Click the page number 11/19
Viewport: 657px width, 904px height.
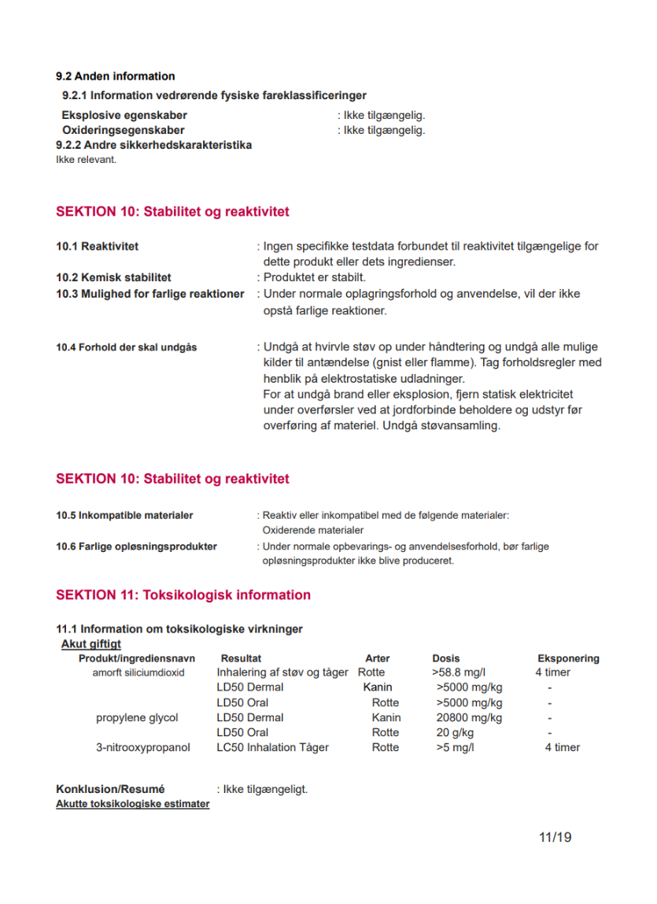(x=555, y=837)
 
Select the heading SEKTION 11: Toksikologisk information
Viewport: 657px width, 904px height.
(x=183, y=595)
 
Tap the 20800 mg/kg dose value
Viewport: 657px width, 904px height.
(x=469, y=717)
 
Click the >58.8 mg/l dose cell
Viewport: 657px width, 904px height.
(x=459, y=672)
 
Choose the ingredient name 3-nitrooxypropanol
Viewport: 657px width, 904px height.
(x=143, y=747)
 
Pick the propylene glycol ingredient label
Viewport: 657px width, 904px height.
(x=137, y=717)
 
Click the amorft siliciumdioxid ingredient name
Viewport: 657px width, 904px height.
(x=138, y=672)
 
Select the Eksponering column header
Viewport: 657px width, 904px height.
(x=568, y=658)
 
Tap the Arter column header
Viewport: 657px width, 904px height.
(x=378, y=658)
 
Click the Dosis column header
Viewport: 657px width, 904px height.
(x=446, y=658)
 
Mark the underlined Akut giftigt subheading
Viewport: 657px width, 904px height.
(x=91, y=644)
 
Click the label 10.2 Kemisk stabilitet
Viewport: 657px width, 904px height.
(x=113, y=277)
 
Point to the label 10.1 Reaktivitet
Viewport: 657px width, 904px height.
(x=97, y=246)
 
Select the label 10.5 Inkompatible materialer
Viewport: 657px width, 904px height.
(x=124, y=516)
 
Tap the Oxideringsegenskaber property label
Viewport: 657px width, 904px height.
(x=123, y=130)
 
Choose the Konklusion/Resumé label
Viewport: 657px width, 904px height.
(x=110, y=789)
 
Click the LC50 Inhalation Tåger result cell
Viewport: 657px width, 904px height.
(x=272, y=747)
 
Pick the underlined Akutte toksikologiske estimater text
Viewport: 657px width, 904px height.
(x=132, y=804)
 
